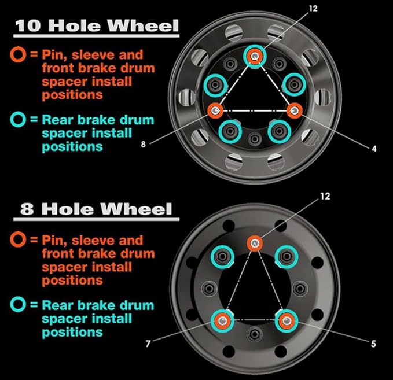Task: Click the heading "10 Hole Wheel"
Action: pyautogui.click(x=96, y=25)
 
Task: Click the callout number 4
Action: pyautogui.click(x=374, y=149)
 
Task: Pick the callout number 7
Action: pyautogui.click(x=148, y=344)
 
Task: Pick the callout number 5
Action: pyautogui.click(x=374, y=344)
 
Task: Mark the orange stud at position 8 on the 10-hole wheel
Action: pyautogui.click(x=216, y=110)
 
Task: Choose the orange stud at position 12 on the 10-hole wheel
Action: pyautogui.click(x=255, y=56)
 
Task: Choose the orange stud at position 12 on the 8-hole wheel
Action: pyautogui.click(x=255, y=243)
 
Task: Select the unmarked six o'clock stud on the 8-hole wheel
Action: pyautogui.click(x=255, y=333)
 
